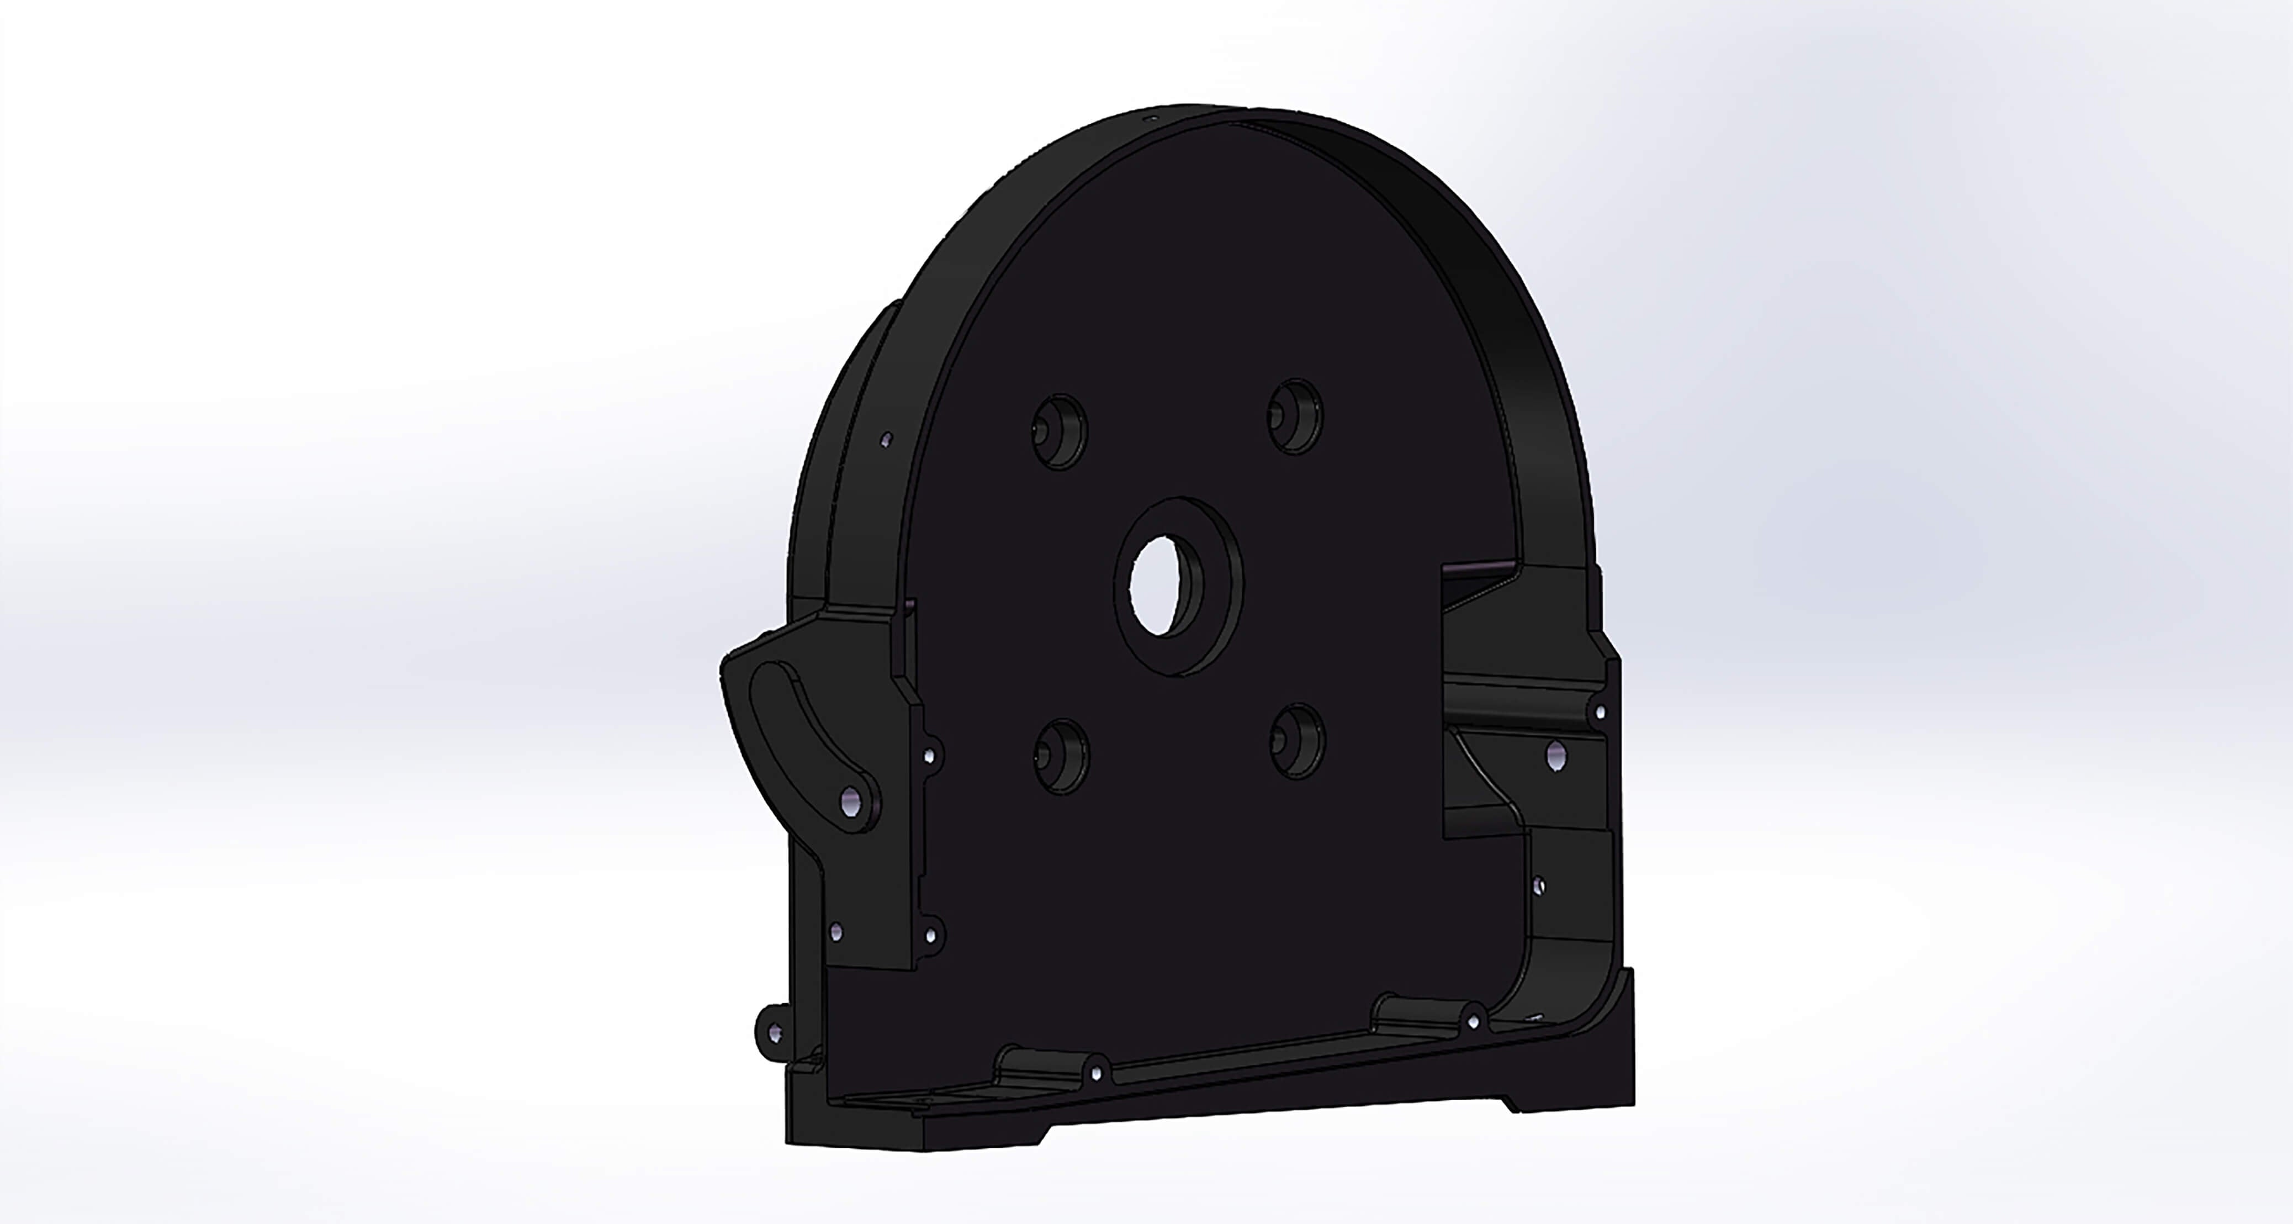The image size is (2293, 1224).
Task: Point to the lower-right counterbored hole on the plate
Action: pos(1298,741)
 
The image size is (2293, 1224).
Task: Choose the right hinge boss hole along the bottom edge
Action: pos(1473,1021)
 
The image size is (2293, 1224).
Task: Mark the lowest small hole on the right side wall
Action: pos(1539,887)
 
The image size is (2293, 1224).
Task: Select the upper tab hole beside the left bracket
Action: pos(930,756)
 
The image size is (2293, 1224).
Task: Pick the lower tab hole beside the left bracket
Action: pos(930,936)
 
